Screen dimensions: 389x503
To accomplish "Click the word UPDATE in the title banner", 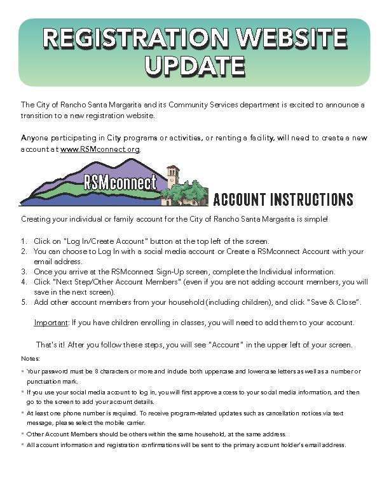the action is (x=194, y=66).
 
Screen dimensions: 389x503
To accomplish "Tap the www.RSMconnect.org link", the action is (x=100, y=149).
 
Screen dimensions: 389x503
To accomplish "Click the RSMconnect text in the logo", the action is (x=120, y=184).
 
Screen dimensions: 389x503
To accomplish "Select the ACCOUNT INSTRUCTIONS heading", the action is (x=283, y=199).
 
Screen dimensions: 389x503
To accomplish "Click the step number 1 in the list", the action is (x=23, y=241).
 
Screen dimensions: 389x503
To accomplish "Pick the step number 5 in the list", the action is (x=23, y=302).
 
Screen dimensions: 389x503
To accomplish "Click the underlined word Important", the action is (x=51, y=323).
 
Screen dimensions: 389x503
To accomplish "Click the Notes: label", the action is (x=31, y=359).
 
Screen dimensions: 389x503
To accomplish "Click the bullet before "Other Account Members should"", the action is (x=22, y=434).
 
